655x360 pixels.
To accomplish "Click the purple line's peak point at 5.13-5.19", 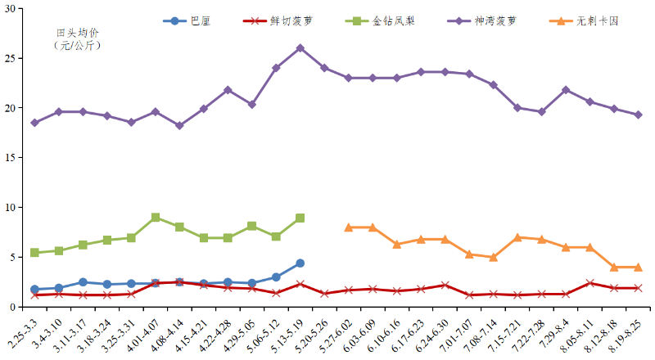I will coord(300,48).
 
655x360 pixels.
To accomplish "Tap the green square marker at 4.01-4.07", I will coord(156,218).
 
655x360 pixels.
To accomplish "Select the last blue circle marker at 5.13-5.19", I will coord(300,263).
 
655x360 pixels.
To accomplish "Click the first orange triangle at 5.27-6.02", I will coord(349,227).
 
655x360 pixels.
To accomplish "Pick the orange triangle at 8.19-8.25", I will coord(639,267).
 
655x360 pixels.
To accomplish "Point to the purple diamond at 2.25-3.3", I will coord(34,123).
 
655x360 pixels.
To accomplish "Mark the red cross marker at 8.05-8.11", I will coord(590,283).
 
